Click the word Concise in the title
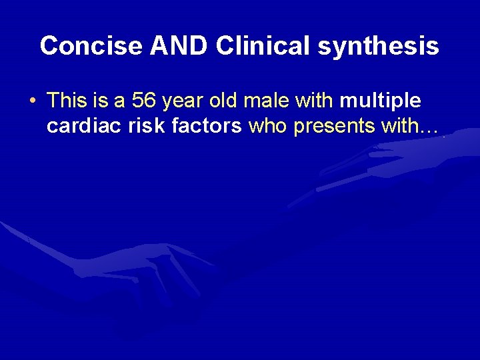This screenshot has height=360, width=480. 91,46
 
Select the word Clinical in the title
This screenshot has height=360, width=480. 263,46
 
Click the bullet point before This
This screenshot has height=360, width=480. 33,101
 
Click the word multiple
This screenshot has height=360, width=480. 380,101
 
